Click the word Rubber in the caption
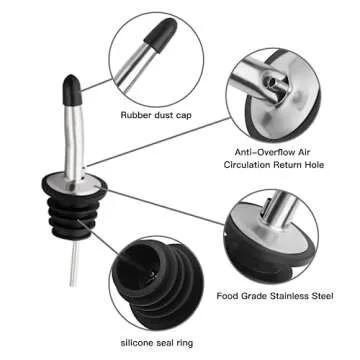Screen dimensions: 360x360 pyautogui.click(x=136, y=116)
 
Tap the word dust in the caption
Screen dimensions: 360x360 pyautogui.click(x=167, y=116)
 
